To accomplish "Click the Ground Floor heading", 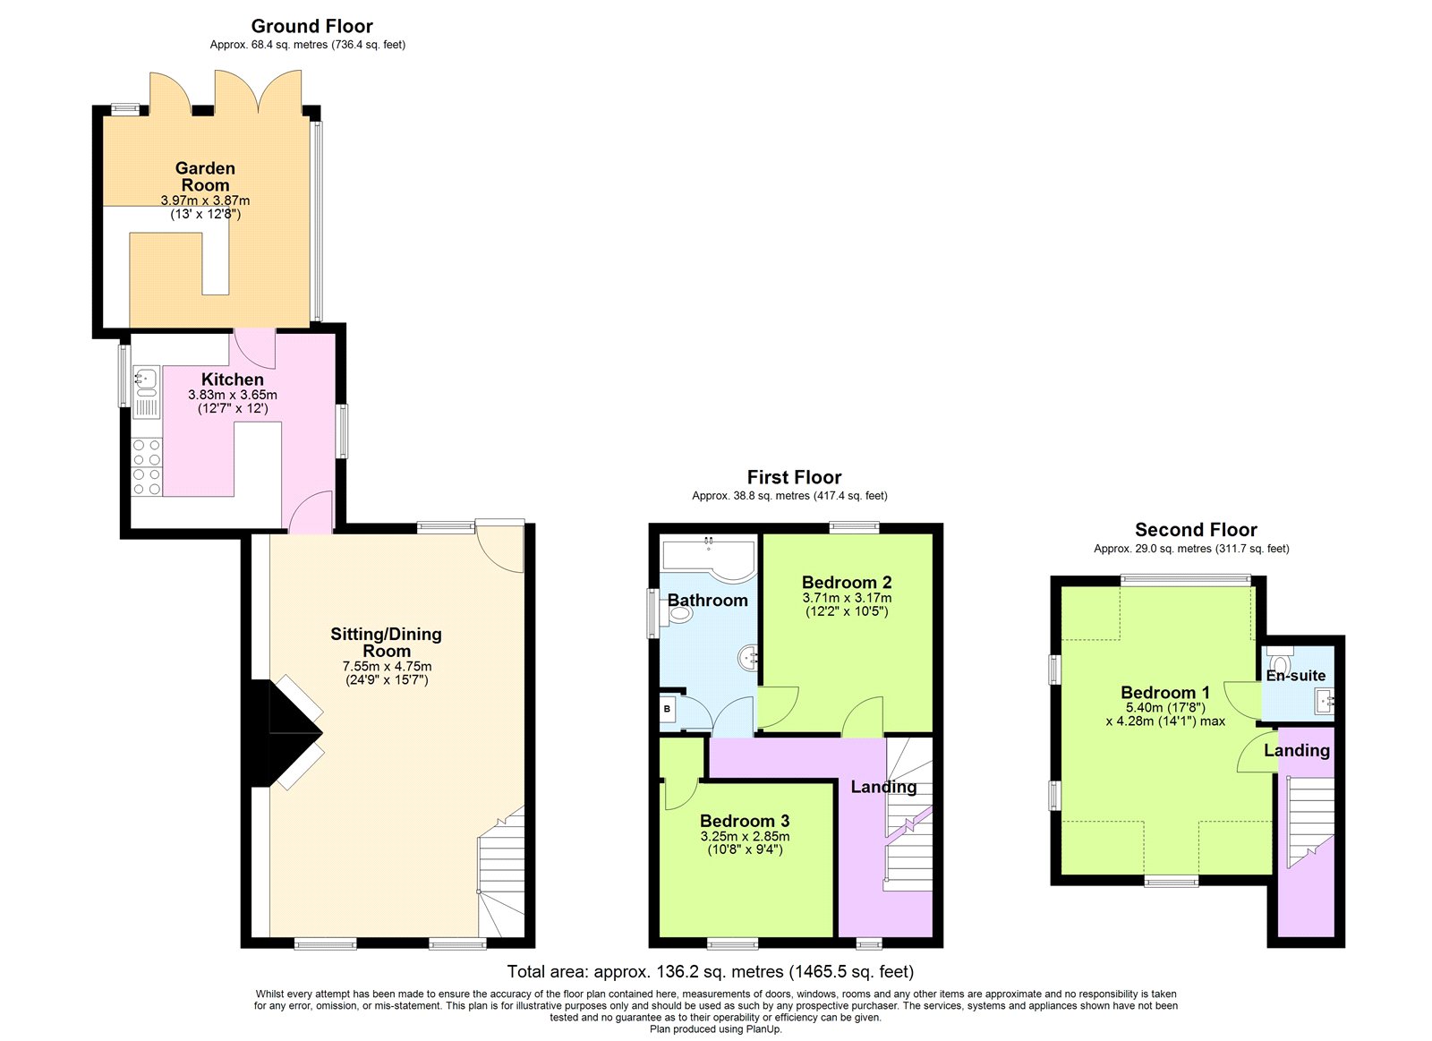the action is pyautogui.click(x=312, y=26).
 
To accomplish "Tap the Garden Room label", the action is pyautogui.click(x=205, y=176).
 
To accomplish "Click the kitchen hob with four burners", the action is pyautogui.click(x=147, y=466).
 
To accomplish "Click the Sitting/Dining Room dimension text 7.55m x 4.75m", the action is pyautogui.click(x=387, y=666).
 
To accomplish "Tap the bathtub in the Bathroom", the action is pyautogui.click(x=708, y=560).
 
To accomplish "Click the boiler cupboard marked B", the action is pyautogui.click(x=668, y=709).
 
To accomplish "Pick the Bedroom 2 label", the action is pyautogui.click(x=847, y=583).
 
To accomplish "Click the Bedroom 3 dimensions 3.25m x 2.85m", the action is pyautogui.click(x=745, y=836).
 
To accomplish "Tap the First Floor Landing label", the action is pyautogui.click(x=883, y=787).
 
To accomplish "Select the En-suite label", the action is pyautogui.click(x=1296, y=676).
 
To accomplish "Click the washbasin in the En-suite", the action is pyautogui.click(x=1324, y=702).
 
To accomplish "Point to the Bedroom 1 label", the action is pyautogui.click(x=1165, y=693).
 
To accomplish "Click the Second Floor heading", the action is pyautogui.click(x=1196, y=530).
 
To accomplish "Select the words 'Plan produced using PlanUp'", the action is pyautogui.click(x=715, y=1029).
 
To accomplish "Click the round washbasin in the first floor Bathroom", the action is pyautogui.click(x=748, y=657).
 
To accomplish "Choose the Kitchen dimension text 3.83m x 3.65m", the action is pyautogui.click(x=233, y=395).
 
